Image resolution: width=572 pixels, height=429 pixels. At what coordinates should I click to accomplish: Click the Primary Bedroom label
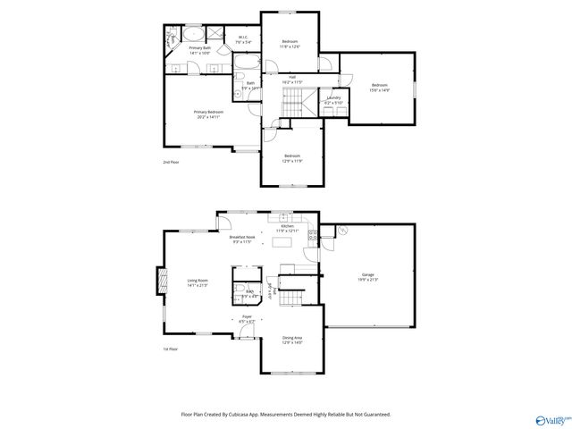pyautogui.click(x=206, y=114)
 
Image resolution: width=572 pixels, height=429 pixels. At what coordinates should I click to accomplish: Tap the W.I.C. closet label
pyautogui.click(x=243, y=39)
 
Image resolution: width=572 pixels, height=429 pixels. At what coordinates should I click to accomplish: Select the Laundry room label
pyautogui.click(x=333, y=100)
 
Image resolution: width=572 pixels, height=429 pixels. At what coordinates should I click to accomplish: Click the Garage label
pyautogui.click(x=368, y=277)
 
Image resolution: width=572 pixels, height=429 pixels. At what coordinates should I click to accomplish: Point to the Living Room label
pyautogui.click(x=198, y=282)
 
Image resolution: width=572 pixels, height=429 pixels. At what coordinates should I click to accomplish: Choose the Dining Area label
pyautogui.click(x=292, y=340)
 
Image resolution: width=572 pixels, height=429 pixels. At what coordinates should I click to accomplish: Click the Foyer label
pyautogui.click(x=247, y=318)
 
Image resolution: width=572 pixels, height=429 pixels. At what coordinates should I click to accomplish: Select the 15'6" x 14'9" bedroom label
pyautogui.click(x=380, y=87)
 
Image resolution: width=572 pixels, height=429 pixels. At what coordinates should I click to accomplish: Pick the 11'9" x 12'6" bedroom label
pyautogui.click(x=290, y=44)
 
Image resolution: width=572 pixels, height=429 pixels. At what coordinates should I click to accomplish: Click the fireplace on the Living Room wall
pyautogui.click(x=161, y=282)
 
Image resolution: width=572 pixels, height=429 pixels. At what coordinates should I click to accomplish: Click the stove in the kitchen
pyautogui.click(x=313, y=236)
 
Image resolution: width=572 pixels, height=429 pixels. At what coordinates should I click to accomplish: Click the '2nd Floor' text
pyautogui.click(x=170, y=162)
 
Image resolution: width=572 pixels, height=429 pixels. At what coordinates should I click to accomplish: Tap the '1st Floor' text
pyautogui.click(x=170, y=349)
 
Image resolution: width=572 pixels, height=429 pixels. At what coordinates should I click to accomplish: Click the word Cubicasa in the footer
pyautogui.click(x=250, y=414)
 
